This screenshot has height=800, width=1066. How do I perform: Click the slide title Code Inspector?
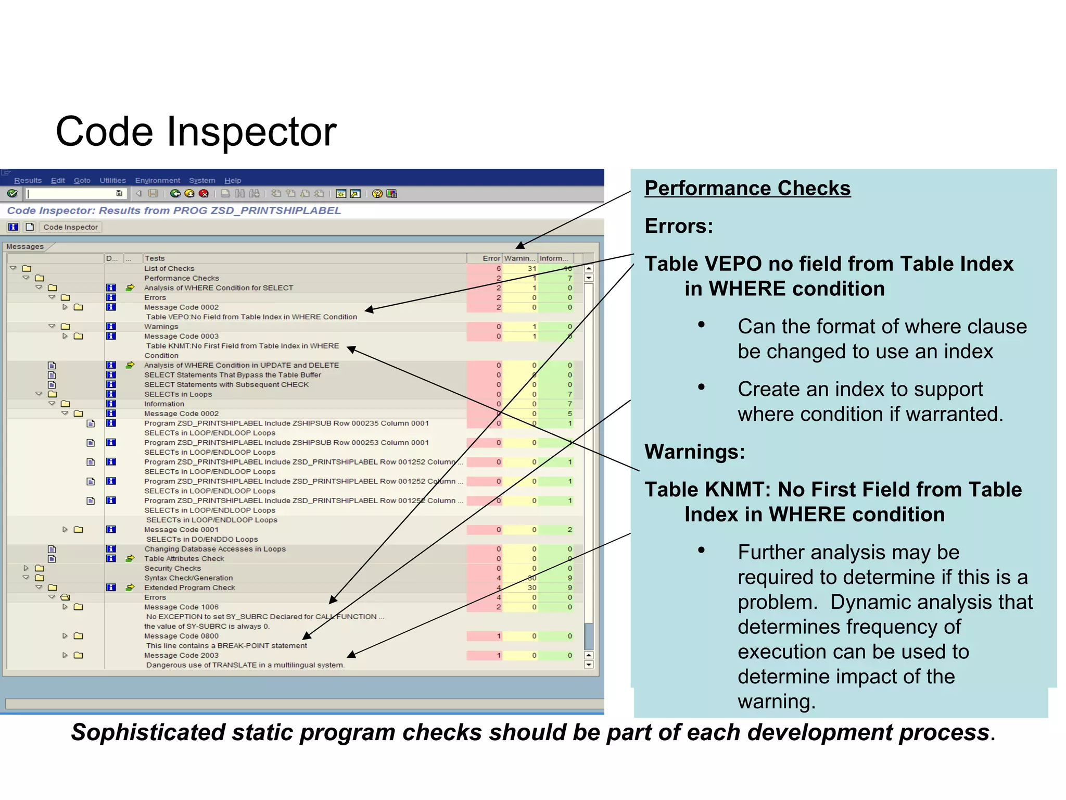point(196,132)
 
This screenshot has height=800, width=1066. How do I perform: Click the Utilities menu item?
point(112,180)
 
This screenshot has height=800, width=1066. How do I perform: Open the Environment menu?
point(157,180)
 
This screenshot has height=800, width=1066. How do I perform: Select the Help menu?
point(233,180)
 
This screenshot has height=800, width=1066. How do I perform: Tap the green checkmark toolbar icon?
point(12,194)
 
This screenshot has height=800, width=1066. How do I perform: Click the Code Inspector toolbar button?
point(70,227)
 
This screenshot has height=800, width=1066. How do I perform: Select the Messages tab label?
point(25,246)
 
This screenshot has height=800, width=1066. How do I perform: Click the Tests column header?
point(155,258)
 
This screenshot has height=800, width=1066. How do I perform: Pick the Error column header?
point(491,258)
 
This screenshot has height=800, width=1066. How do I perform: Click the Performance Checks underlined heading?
point(747,188)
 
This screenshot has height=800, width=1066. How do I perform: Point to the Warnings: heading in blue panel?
point(694,452)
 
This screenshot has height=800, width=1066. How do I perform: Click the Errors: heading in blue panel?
point(678,226)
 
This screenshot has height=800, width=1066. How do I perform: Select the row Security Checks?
point(172,568)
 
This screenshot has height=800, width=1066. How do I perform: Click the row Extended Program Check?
point(189,587)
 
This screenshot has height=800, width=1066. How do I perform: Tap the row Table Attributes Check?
point(184,558)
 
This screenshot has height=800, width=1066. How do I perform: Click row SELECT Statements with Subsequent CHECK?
point(226,384)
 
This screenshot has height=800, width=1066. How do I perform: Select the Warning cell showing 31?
point(531,269)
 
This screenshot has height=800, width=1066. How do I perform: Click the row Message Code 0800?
point(181,636)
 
